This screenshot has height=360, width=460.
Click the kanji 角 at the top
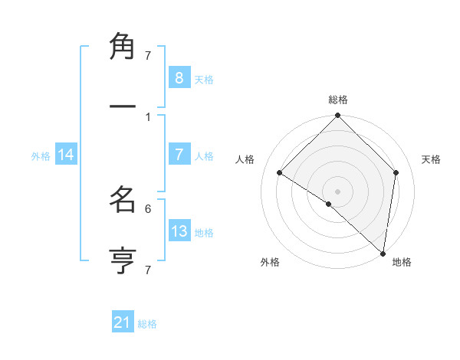coord(123,47)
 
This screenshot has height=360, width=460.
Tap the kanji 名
coord(123,201)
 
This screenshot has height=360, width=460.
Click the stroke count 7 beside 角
coord(148,55)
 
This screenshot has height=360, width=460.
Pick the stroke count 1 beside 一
coord(148,116)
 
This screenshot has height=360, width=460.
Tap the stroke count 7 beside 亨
coord(148,270)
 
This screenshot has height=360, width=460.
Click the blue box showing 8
coord(179,78)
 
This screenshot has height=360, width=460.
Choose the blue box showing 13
coord(179,231)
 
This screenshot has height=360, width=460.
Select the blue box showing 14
coord(66,155)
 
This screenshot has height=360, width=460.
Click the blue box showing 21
coord(122,322)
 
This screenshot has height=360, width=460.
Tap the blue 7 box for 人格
coord(179,155)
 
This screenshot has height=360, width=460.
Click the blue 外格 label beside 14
coord(41,156)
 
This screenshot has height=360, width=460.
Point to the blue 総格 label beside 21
coord(147,324)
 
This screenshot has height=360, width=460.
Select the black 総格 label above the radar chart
coord(338,100)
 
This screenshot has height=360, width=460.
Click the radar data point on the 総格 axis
coord(337,117)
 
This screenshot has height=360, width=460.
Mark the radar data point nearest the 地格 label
coord(383,254)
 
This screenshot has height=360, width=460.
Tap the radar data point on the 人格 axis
coord(280,173)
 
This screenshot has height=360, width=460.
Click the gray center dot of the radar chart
coord(337,191)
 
